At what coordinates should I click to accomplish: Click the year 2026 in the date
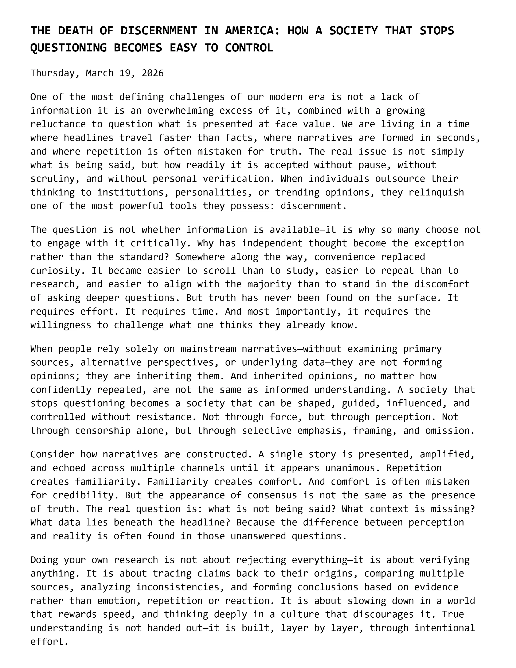pos(153,73)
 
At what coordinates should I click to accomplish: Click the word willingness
pos(61,325)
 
